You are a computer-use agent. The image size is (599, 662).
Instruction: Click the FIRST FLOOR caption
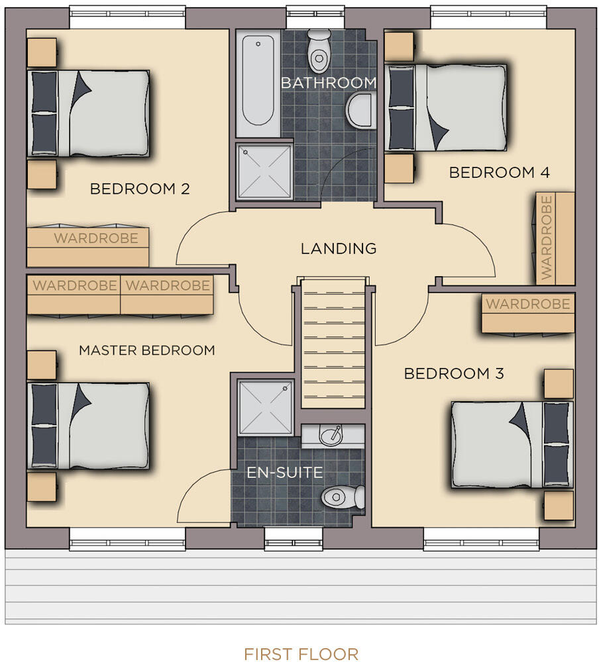pyautogui.click(x=301, y=653)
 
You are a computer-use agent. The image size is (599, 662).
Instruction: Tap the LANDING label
pyautogui.click(x=339, y=248)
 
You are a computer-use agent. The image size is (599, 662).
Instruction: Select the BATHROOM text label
pyautogui.click(x=329, y=83)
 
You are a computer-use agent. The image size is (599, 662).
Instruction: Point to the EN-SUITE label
pyautogui.click(x=284, y=473)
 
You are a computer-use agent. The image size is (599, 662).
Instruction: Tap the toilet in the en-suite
pyautogui.click(x=343, y=497)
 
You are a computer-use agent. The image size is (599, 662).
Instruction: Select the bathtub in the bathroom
pyautogui.click(x=258, y=82)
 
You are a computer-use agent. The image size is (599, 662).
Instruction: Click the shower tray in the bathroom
pyautogui.click(x=264, y=171)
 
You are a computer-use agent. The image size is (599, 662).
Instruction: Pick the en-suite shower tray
pyautogui.click(x=266, y=407)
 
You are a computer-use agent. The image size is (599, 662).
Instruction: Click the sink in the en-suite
pyautogui.click(x=332, y=436)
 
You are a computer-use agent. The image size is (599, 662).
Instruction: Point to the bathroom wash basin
pyautogui.click(x=361, y=111)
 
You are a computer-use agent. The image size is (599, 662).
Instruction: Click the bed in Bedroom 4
pyautogui.click(x=445, y=107)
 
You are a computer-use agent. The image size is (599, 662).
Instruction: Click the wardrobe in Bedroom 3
pyautogui.click(x=528, y=313)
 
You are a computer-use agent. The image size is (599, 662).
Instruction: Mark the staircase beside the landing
pyautogui.click(x=333, y=343)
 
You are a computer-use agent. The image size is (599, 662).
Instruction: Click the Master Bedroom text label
pyautogui.click(x=147, y=350)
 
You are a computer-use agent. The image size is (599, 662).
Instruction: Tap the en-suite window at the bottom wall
pyautogui.click(x=293, y=539)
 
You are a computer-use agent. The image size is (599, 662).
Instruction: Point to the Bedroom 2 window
pyautogui.click(x=127, y=17)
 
